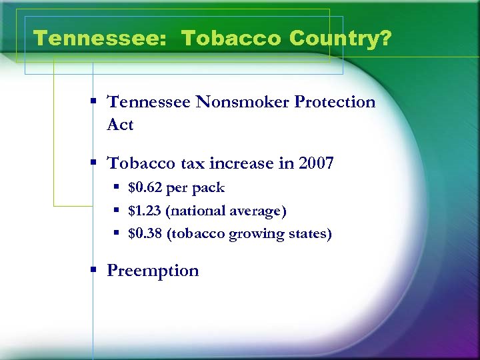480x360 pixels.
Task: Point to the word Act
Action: coord(120,125)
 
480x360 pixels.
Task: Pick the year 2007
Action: coord(313,163)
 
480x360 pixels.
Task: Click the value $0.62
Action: coord(145,188)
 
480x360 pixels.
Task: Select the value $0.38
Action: coord(145,234)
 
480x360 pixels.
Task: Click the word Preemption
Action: coord(153,271)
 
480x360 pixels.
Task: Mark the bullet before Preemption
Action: coord(95,270)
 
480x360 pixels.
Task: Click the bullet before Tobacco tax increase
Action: coord(95,163)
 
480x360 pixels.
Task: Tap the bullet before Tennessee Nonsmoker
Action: coord(95,101)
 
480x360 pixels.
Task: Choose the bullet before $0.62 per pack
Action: coord(116,188)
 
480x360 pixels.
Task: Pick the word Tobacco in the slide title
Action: coord(231,39)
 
